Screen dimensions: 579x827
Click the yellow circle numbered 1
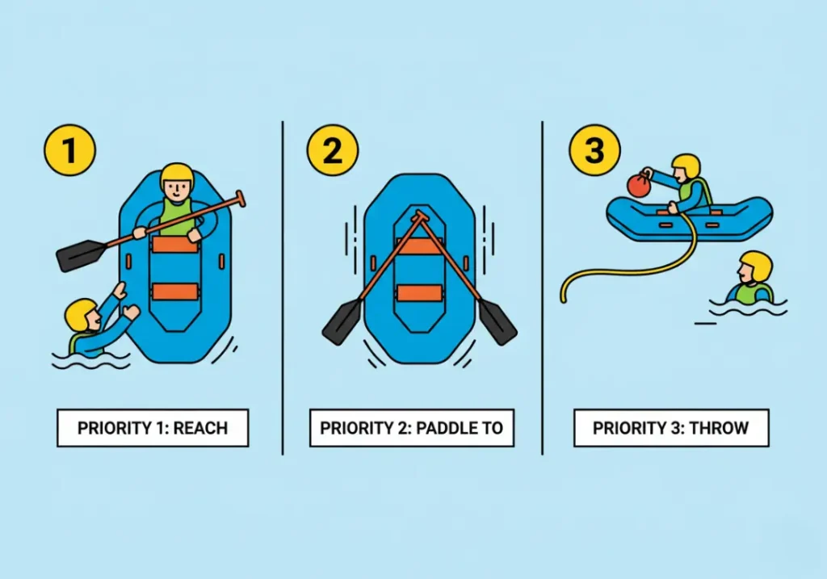[x=69, y=150]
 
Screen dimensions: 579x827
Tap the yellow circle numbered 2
[x=332, y=150]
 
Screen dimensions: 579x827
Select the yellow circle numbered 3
[x=594, y=150]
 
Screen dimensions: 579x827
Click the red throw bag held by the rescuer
[x=639, y=186]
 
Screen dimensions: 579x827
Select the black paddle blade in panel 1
[x=81, y=255]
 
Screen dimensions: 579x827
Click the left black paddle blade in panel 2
[x=342, y=321]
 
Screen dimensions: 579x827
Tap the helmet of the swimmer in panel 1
[x=80, y=314]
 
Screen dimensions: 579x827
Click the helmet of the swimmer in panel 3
[x=756, y=266]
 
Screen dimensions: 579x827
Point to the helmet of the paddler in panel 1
[x=177, y=175]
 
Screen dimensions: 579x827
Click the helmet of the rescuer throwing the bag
[x=686, y=166]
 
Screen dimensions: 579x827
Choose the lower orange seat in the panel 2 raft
[x=419, y=292]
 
